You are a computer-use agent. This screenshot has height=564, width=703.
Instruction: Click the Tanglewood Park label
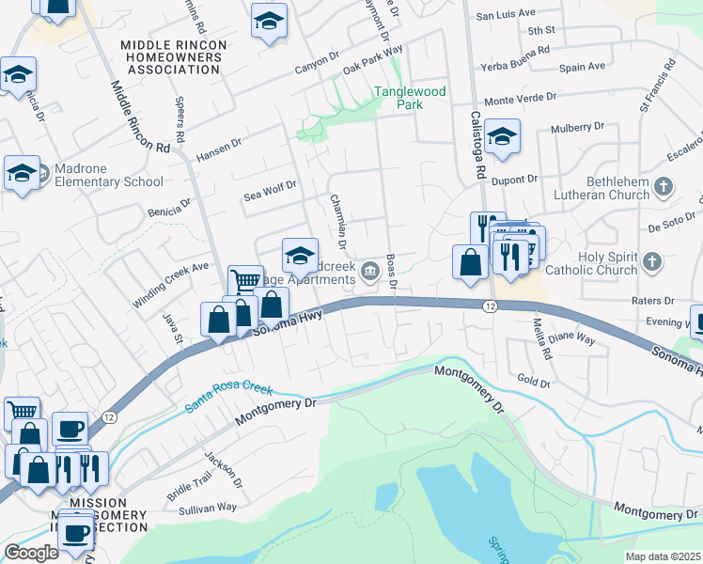click(410, 98)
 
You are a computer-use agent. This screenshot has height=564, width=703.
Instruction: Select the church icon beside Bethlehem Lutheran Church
click(664, 186)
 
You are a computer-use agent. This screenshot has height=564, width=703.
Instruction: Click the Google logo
click(31, 553)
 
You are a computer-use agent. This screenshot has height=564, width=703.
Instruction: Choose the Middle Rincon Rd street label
click(141, 117)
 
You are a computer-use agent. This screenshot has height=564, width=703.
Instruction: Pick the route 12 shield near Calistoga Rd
click(490, 306)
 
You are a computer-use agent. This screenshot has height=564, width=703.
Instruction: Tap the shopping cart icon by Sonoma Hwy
click(245, 280)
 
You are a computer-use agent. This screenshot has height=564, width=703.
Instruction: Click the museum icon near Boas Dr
click(369, 272)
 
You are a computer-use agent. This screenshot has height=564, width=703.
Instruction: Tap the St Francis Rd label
click(657, 86)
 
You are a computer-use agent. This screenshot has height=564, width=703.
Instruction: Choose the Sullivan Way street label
click(208, 508)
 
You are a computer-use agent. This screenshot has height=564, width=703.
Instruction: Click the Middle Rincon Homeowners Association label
click(174, 57)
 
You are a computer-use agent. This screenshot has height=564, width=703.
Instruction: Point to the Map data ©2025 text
click(662, 556)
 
